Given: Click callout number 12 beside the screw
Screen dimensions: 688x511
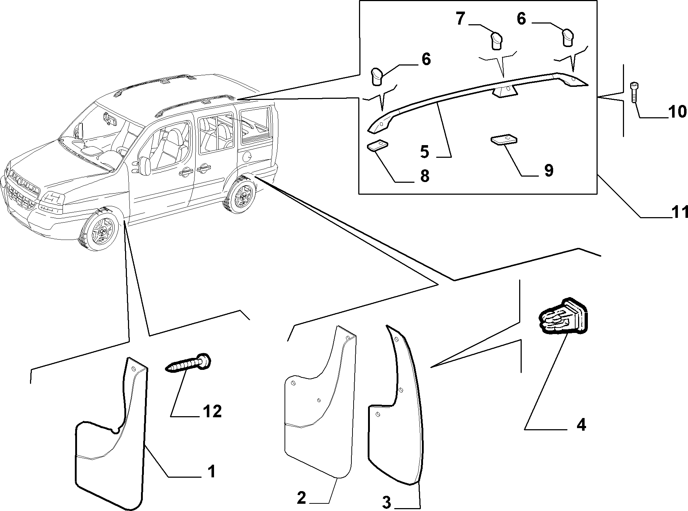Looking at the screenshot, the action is coord(212,411).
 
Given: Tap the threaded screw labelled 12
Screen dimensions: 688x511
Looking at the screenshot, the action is coord(188,364).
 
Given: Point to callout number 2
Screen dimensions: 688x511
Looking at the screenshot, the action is coord(302,499).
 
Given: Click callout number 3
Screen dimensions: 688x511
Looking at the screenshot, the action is coord(386,502).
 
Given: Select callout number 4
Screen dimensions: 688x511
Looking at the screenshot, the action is coord(581,424).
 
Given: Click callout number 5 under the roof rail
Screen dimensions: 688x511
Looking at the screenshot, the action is coord(425,151).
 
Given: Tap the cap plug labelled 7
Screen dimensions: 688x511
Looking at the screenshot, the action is coord(496,40).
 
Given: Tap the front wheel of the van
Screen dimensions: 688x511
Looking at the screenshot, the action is coord(100,228).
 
